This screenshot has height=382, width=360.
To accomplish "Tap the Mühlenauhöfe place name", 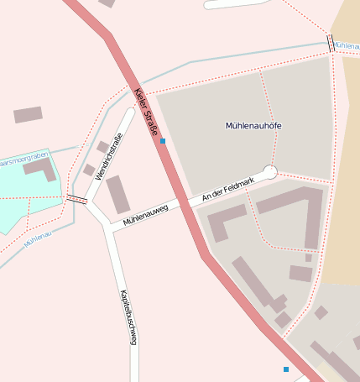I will (x=253, y=126).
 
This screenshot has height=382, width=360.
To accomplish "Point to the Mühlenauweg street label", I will (x=146, y=215).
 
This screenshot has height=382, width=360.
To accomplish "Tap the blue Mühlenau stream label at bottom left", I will (x=39, y=239).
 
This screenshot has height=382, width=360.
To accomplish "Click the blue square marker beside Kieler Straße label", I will (x=163, y=141).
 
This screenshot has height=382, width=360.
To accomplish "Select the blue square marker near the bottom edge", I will (x=286, y=369).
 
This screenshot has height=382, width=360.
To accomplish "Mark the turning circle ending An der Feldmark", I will (x=270, y=172).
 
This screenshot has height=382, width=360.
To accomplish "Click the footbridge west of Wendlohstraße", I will (x=76, y=199).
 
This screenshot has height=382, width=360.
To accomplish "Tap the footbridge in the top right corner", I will (x=331, y=43).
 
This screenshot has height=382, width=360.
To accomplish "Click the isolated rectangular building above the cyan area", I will (x=28, y=115).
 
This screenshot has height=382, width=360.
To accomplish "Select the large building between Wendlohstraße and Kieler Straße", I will (x=118, y=194).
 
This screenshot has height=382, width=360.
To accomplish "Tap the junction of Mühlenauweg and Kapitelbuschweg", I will (x=107, y=226).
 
